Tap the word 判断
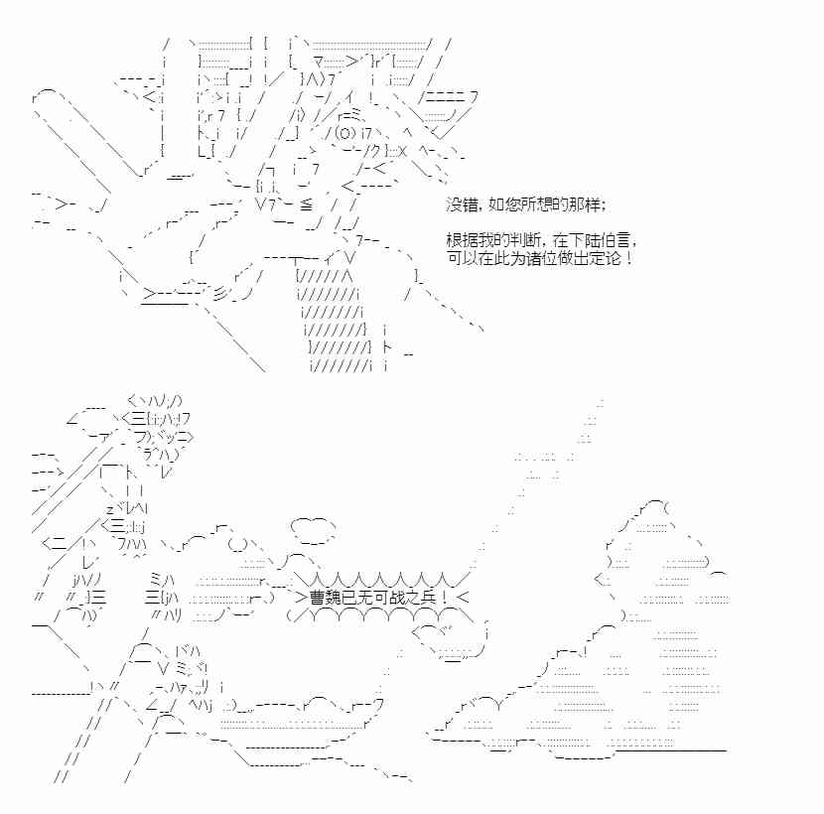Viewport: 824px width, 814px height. click(516, 241)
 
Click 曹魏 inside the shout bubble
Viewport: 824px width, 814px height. click(326, 598)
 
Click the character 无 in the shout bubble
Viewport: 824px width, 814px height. click(364, 598)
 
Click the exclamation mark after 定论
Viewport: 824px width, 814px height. click(628, 258)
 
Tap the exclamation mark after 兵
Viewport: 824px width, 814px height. click(445, 598)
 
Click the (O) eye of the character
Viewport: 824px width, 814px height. click(344, 133)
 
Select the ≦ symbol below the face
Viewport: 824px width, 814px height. click(306, 204)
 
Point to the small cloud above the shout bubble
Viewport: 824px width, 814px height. click(313, 531)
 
